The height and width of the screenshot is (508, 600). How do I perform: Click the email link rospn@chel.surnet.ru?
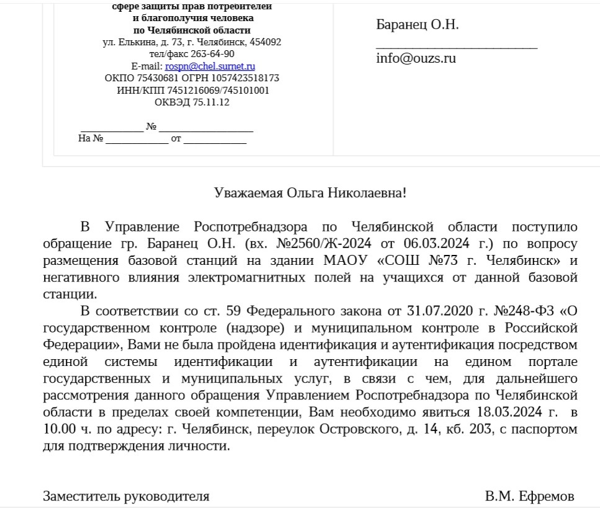coord(210,66)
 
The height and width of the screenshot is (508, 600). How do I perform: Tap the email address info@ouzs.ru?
coord(416,59)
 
